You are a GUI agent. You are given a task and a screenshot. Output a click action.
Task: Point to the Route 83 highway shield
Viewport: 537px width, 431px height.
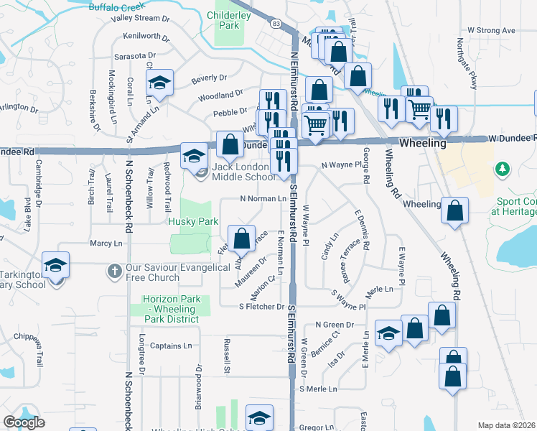[x=276, y=24]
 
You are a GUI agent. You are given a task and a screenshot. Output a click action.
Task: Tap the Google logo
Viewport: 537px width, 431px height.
[x=24, y=422]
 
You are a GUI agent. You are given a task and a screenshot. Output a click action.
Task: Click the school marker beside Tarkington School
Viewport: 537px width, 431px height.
[x=55, y=264]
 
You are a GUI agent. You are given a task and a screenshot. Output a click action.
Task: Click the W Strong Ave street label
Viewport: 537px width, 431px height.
[x=492, y=30]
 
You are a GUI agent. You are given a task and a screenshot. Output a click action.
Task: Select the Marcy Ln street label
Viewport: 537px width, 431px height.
[x=106, y=244]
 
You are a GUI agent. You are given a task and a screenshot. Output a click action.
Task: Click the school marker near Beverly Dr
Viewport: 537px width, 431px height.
[x=160, y=83]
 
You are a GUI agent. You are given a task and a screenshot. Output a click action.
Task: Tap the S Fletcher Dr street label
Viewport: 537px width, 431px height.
[x=262, y=307]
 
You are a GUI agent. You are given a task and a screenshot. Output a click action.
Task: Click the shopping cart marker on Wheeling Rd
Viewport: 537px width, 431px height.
[x=419, y=109]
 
